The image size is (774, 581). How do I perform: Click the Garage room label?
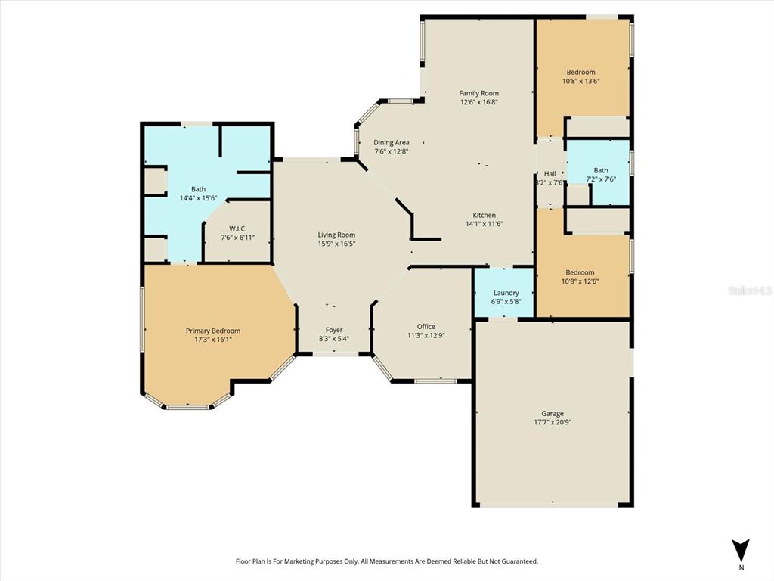(553, 414)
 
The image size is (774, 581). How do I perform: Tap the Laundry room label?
(506, 293)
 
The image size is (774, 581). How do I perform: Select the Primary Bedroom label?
(213, 331)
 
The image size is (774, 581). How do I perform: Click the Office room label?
(426, 326)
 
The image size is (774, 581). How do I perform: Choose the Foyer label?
(334, 330)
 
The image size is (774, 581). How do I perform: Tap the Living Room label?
(336, 235)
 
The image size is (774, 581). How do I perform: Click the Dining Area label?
(392, 142)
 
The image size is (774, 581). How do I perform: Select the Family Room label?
(478, 93)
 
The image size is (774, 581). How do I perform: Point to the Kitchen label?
(485, 214)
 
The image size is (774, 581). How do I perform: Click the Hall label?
(550, 173)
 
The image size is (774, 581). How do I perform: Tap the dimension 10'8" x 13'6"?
(580, 81)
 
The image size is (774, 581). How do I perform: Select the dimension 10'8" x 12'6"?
(580, 281)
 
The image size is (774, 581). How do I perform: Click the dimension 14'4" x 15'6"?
(198, 198)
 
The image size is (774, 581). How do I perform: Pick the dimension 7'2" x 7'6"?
(601, 179)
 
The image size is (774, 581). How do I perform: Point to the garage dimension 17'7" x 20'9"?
(553, 423)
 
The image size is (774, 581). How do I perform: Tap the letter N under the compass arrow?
(741, 567)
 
